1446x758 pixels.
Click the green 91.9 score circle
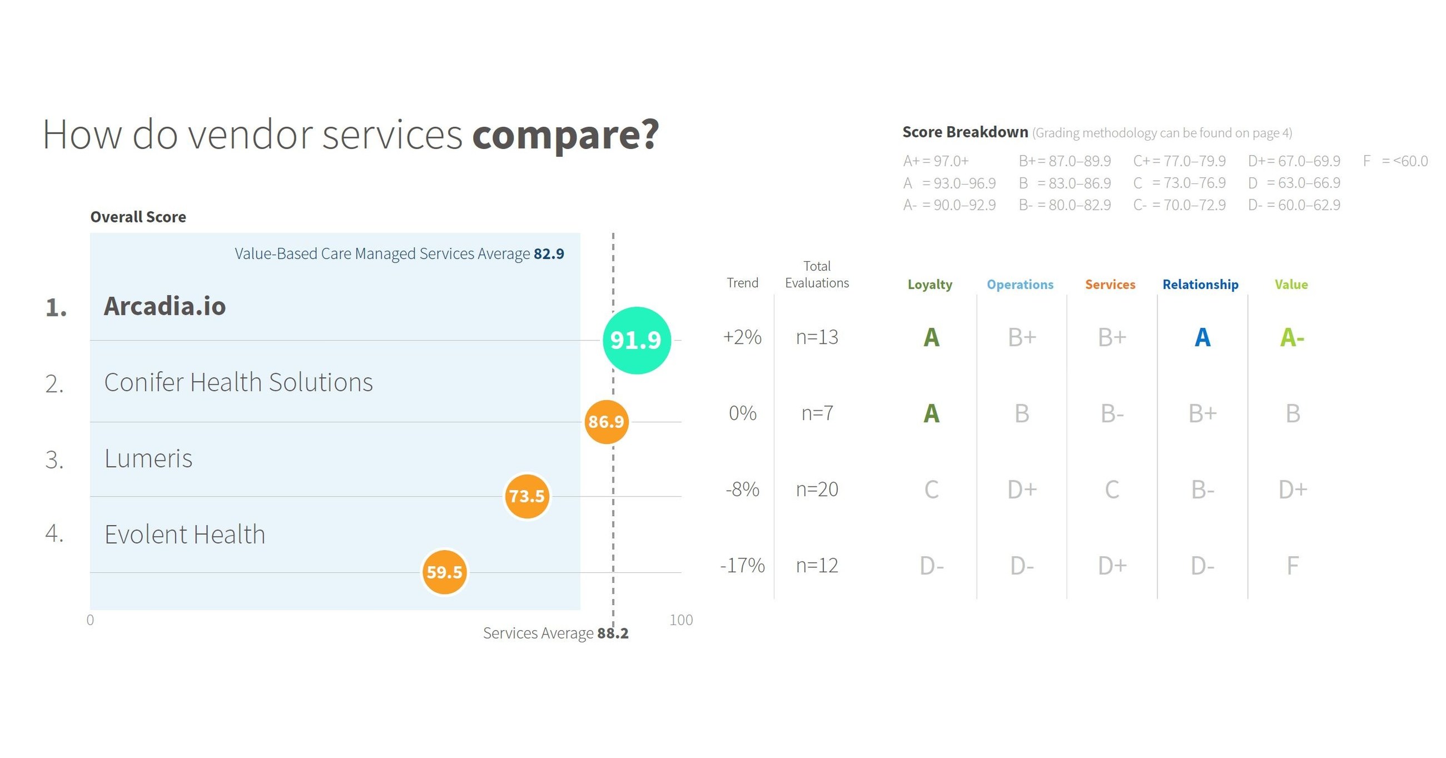tap(636, 340)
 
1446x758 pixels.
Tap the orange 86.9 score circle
tap(606, 422)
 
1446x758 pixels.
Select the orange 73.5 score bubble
tap(526, 496)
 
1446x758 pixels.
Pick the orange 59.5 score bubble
tap(444, 572)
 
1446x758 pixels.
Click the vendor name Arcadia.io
tap(165, 306)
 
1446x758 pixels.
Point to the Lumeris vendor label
tap(148, 459)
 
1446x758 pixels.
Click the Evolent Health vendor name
tap(185, 534)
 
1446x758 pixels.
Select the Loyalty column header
tap(930, 285)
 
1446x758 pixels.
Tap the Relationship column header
tap(1200, 285)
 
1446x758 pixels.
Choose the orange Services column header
tap(1110, 285)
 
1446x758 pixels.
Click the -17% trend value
tap(742, 566)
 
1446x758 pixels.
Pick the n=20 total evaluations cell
tap(817, 489)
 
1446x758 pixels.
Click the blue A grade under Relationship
tap(1202, 338)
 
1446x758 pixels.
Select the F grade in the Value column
tap(1292, 566)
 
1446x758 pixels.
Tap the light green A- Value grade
tap(1291, 338)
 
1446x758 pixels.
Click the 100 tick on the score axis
tap(681, 620)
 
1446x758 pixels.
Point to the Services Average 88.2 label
tap(555, 633)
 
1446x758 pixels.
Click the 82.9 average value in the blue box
tap(548, 254)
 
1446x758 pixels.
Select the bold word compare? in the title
tap(565, 135)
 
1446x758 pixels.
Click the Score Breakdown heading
tap(965, 132)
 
